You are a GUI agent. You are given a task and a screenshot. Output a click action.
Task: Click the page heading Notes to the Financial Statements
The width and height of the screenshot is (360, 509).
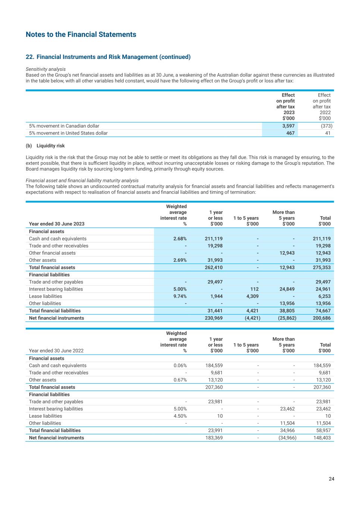pos(81,35)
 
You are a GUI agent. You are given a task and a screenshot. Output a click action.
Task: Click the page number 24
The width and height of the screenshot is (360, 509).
pos(331,479)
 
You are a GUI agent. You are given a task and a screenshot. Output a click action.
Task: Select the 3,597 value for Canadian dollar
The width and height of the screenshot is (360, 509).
pos(288,126)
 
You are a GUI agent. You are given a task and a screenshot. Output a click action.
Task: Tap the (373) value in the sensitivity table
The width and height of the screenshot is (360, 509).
pos(326,126)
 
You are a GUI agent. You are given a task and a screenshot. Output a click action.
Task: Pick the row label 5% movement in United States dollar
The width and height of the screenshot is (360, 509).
pos(68,133)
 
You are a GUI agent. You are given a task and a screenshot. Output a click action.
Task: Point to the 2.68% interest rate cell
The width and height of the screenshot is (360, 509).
pos(180,239)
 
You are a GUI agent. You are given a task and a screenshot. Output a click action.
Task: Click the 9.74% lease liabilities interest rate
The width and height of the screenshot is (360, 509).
pos(180,296)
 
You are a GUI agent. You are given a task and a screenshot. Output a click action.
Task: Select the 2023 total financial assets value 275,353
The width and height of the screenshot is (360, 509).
pos(322,267)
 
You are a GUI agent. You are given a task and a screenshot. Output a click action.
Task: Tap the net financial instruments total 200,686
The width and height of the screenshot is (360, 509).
pos(322,318)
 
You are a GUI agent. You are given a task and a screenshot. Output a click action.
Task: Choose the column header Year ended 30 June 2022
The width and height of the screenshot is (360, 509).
pos(56,351)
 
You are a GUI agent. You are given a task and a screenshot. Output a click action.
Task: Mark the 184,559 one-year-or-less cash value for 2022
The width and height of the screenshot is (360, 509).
pos(214,365)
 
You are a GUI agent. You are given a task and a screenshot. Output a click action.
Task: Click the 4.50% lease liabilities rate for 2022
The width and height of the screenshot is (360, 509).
pos(180,416)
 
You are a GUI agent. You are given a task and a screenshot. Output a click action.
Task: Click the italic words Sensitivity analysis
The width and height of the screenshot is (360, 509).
pos(46,69)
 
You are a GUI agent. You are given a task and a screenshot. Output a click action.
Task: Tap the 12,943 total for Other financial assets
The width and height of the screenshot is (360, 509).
pos(323,253)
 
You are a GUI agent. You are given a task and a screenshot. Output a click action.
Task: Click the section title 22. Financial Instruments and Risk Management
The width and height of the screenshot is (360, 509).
pos(108,57)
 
